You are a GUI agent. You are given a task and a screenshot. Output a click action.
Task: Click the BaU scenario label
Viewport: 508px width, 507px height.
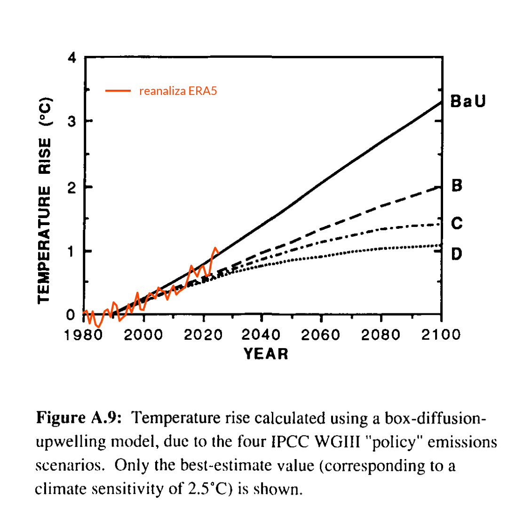[x=467, y=101]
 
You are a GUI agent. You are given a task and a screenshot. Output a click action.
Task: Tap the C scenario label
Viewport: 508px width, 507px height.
[x=457, y=223]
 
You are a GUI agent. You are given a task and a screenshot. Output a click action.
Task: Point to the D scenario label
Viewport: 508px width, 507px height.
[x=457, y=255]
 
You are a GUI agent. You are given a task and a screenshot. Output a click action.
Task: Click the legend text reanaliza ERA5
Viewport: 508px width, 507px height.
[x=178, y=91]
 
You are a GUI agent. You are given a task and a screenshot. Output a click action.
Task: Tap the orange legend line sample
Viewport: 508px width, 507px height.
[x=118, y=91]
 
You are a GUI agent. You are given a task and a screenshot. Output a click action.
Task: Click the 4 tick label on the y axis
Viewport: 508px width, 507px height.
[x=71, y=58]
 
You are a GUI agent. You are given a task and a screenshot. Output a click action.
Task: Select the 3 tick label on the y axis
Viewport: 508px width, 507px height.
[x=71, y=121]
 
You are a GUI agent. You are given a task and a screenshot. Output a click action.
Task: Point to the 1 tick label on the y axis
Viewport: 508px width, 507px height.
[x=71, y=251]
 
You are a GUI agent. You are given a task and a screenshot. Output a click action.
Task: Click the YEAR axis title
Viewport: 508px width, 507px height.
[x=266, y=353]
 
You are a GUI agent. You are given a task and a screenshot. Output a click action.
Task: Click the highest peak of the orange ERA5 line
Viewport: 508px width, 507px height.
[x=215, y=248]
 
